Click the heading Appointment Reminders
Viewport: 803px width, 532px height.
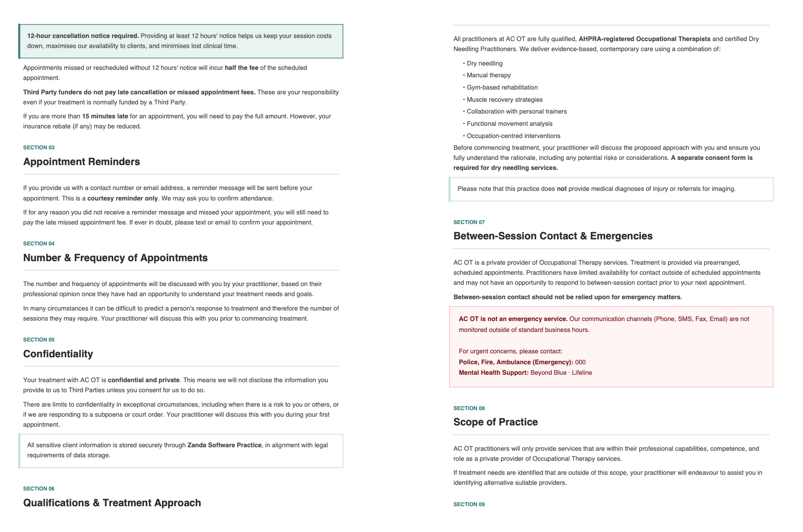81,162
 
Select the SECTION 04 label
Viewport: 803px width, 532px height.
39,244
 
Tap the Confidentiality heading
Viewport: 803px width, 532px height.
58,354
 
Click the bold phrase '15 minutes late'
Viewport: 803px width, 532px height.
105,116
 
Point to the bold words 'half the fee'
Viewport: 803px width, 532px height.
241,68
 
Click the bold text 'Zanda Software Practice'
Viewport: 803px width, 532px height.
224,445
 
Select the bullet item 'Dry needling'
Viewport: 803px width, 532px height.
485,63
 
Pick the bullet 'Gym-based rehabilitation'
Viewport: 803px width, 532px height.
502,87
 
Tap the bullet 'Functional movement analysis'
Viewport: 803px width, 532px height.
509,124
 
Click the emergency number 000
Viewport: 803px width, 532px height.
580,362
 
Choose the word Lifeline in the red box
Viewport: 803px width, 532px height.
582,373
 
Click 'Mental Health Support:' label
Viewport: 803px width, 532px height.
494,373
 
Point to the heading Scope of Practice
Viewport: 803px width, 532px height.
495,422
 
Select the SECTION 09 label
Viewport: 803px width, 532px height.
469,504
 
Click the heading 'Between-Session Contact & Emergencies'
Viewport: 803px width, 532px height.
553,236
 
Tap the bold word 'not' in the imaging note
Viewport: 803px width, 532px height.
561,189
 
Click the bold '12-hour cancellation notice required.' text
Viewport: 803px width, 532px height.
83,36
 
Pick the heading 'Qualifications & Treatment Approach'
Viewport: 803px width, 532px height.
112,503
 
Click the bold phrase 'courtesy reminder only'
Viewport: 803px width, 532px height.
122,198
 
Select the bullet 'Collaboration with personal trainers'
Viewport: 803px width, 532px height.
516,111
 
